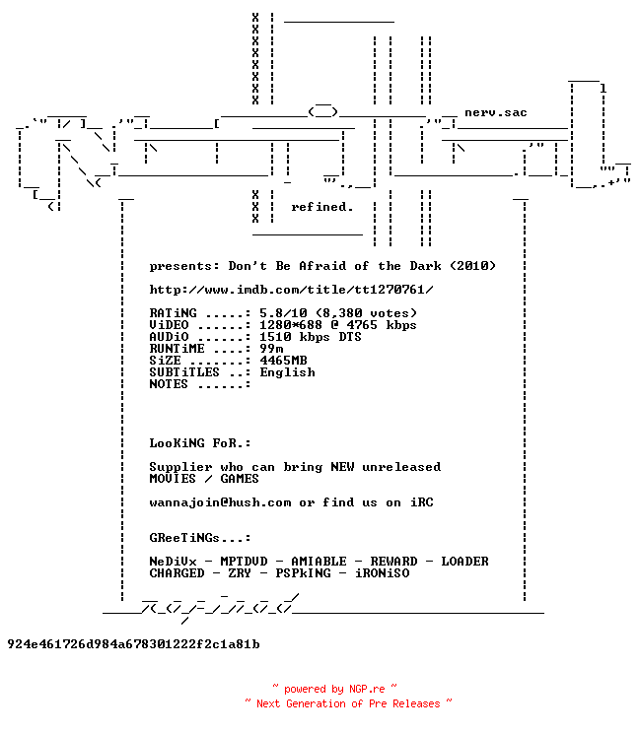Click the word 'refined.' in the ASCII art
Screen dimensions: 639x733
pos(321,207)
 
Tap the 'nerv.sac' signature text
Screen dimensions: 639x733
pos(496,112)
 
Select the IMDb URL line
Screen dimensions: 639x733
pos(292,290)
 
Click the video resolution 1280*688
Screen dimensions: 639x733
pos(291,325)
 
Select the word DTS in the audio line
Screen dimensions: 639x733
pos(350,337)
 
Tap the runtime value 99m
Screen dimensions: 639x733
pos(271,349)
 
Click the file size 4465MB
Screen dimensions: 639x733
pos(283,361)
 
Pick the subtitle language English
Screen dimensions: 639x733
pos(287,372)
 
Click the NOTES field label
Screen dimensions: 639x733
pos(169,384)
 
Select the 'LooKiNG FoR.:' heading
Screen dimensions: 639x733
pos(200,443)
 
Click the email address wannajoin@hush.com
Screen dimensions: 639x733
pos(220,502)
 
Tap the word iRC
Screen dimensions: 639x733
pos(422,502)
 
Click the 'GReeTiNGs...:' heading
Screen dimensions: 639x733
pos(200,538)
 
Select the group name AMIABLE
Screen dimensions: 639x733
pos(319,561)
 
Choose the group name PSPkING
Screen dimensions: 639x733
pos(303,573)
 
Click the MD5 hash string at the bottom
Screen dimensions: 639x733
pos(133,644)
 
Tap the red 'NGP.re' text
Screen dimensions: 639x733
pos(367,689)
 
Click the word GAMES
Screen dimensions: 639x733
pos(240,479)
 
